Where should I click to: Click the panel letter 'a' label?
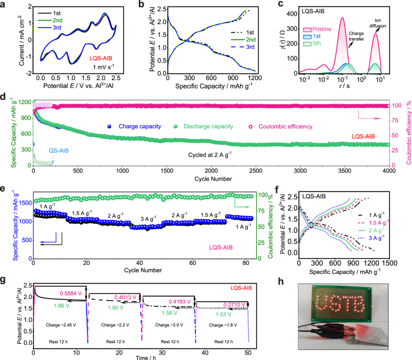click(x=5, y=5)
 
